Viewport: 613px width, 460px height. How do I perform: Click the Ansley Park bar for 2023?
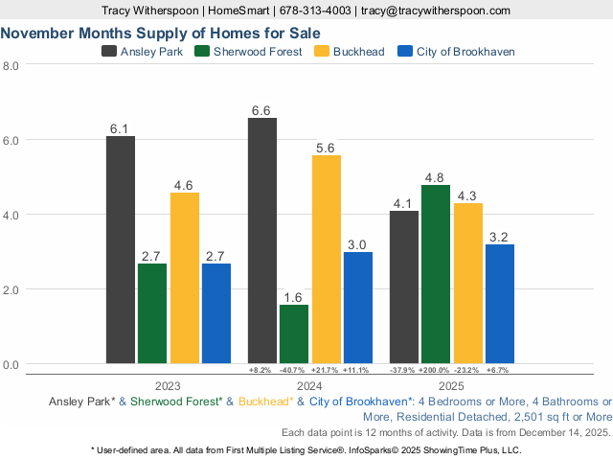click(x=121, y=250)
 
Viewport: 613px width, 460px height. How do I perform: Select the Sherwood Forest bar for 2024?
click(x=294, y=334)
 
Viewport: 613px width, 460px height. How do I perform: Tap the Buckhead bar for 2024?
click(x=326, y=260)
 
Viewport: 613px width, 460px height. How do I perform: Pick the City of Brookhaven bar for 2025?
click(x=499, y=305)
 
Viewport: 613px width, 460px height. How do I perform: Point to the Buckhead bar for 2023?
click(x=185, y=278)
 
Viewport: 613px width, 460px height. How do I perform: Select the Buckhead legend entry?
click(x=350, y=51)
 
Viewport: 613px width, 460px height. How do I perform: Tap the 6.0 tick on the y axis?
click(x=11, y=140)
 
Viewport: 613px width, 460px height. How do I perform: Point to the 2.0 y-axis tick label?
click(x=11, y=289)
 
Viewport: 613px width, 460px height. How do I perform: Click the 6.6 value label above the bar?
click(x=261, y=110)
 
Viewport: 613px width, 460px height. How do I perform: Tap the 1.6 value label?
click(x=294, y=297)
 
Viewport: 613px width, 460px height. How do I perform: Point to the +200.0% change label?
click(x=436, y=370)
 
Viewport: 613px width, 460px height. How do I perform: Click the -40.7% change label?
click(x=294, y=370)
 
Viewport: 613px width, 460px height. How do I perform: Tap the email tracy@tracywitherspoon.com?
click(x=435, y=10)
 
